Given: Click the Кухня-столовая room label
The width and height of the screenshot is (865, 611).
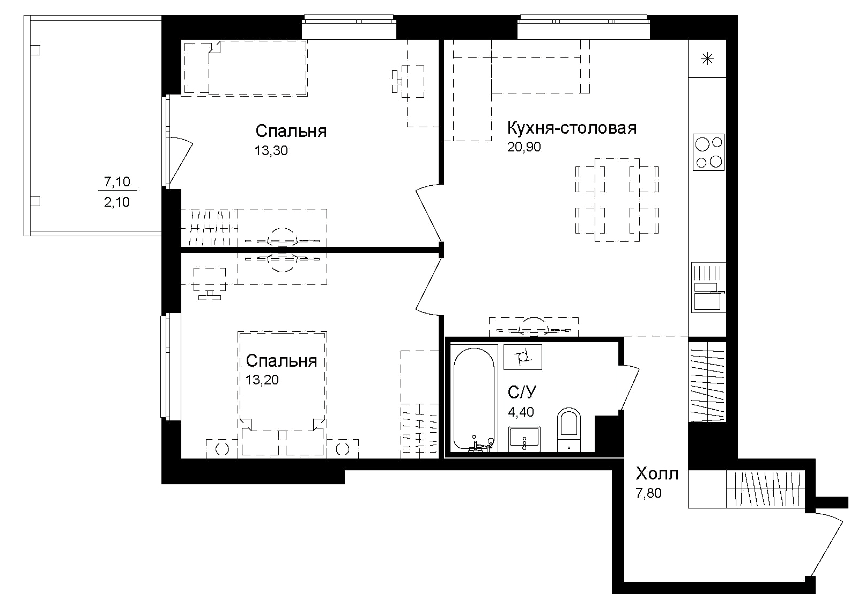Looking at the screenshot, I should tap(572, 128).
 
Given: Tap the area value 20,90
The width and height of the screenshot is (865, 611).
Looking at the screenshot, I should tap(524, 147).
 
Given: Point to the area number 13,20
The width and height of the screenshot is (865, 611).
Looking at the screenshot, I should tap(262, 381).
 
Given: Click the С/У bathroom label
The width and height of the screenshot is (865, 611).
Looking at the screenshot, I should tap(522, 392).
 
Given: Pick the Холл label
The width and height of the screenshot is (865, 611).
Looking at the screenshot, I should tap(656, 474).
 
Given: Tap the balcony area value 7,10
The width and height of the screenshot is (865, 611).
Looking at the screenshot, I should tap(117, 182).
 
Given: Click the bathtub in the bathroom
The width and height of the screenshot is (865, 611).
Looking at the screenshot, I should tap(474, 398).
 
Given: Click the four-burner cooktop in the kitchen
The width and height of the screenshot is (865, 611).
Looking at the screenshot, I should tap(708, 152).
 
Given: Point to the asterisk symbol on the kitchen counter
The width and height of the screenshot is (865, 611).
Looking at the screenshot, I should tap(707, 59).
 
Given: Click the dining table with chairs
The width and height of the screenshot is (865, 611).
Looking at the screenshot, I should tap(617, 199).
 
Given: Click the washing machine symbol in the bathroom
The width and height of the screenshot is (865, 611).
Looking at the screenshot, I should tap(522, 357).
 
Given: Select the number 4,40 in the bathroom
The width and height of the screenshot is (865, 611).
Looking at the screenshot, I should tap(521, 412).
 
